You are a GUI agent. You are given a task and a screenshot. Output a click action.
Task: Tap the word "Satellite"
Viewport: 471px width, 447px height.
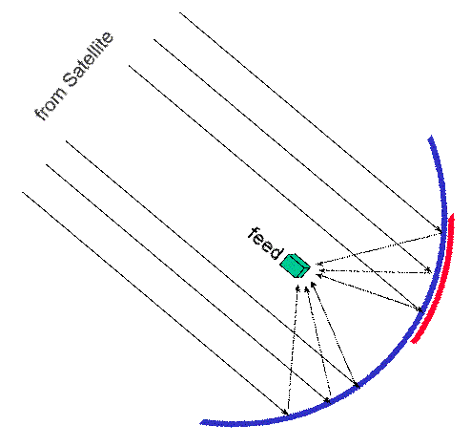88,59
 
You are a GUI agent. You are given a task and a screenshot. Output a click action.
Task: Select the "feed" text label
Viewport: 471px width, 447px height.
265,244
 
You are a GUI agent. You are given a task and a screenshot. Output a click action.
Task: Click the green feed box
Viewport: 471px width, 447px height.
295,266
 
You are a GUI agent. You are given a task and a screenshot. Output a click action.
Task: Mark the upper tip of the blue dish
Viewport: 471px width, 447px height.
431,138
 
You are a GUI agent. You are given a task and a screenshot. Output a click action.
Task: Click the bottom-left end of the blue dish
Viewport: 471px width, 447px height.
201,423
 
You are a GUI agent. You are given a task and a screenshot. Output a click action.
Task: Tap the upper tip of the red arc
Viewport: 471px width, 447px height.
452,215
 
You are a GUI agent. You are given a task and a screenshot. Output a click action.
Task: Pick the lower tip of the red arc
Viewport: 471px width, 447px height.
413,341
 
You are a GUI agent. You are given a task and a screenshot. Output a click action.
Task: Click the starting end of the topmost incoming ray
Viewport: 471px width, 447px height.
180,12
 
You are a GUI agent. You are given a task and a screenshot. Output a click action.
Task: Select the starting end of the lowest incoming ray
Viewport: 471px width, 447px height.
22,192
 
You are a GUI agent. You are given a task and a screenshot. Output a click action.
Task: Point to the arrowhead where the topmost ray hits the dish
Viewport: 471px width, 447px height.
440,230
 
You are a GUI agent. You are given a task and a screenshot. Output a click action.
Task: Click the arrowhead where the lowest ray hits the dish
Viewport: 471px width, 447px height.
285,413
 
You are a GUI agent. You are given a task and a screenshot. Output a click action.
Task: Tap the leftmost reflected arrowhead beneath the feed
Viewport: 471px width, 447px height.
297,288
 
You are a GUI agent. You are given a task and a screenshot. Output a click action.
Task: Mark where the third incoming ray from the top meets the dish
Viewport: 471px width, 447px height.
420,309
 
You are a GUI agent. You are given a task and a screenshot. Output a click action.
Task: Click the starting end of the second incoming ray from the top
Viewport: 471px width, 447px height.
154,39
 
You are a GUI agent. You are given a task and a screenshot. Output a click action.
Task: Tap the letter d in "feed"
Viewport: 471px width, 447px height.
274,251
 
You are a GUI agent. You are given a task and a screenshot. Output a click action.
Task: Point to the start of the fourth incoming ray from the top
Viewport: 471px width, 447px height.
66,141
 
